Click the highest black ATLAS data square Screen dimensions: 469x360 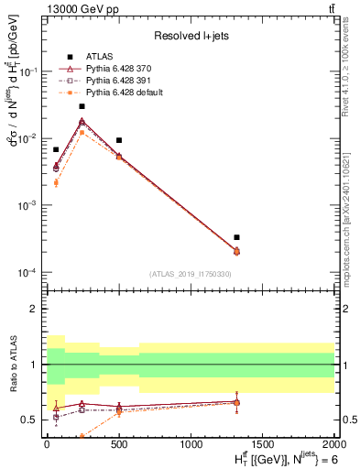[82, 106]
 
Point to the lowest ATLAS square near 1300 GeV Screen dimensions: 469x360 [236, 237]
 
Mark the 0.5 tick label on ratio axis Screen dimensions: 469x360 [31, 420]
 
